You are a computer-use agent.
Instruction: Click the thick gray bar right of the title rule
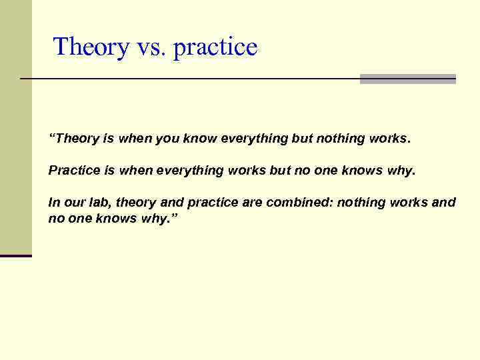click(x=407, y=79)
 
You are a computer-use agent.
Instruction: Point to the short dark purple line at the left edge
click(x=16, y=256)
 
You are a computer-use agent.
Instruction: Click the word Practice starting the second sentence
click(x=74, y=171)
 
